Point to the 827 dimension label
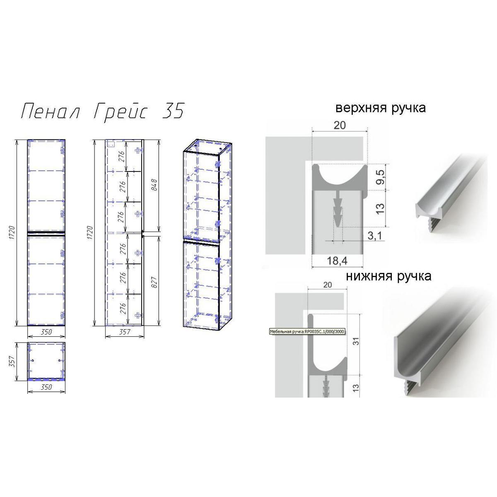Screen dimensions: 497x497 point(154,282)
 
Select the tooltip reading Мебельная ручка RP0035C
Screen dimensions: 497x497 point(307,332)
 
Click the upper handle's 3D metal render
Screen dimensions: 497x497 point(449,195)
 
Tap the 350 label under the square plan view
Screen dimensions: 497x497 point(46,387)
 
